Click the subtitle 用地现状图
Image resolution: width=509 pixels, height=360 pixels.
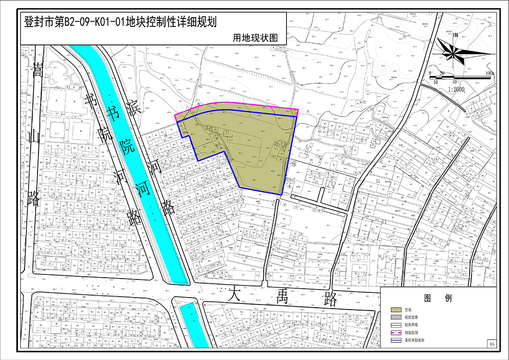click(255, 38)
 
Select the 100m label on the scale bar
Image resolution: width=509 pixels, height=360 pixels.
click(490, 74)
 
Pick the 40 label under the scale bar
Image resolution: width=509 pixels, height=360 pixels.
click(454, 81)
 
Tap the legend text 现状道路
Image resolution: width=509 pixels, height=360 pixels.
click(412, 317)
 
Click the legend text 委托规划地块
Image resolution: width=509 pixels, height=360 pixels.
click(415, 340)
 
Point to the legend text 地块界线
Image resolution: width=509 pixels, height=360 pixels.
click(412, 325)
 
